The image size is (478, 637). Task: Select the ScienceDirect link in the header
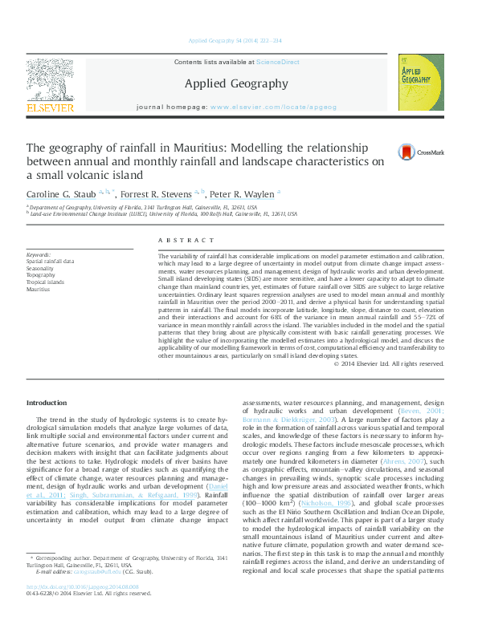click(277, 62)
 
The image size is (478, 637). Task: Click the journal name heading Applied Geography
click(236, 83)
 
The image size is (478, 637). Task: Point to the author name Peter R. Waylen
click(243, 195)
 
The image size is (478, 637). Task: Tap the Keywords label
click(39, 255)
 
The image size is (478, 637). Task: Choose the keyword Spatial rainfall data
click(50, 262)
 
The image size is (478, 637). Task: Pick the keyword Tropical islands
click(45, 282)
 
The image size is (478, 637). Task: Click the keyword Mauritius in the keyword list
click(38, 289)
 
